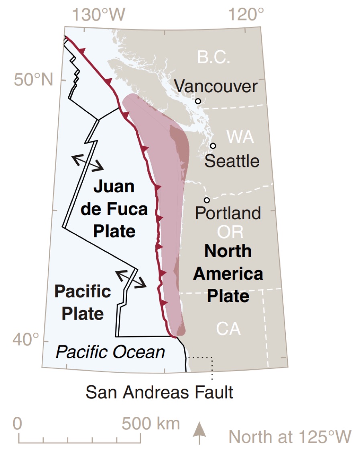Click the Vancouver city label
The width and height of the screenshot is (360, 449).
point(216,86)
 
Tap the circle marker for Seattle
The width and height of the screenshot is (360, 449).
point(213,146)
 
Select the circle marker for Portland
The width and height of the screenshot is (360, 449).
point(207,200)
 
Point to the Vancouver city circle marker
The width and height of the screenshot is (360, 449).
point(198,101)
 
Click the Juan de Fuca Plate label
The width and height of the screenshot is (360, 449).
point(114,209)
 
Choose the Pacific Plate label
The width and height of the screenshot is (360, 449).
point(83,302)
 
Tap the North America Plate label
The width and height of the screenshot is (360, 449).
point(228,274)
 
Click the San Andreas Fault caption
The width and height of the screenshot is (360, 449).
point(159,392)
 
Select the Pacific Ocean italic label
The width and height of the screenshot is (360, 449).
point(110,352)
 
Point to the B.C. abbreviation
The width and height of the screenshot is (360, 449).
point(214,57)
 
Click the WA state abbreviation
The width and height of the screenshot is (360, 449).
point(240,137)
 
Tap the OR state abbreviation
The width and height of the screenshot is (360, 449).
point(230,232)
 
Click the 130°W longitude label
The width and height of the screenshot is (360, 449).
point(99,15)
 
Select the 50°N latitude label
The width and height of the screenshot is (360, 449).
point(34,80)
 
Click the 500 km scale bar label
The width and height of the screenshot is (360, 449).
point(151,424)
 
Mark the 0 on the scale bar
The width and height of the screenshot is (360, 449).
point(18,424)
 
